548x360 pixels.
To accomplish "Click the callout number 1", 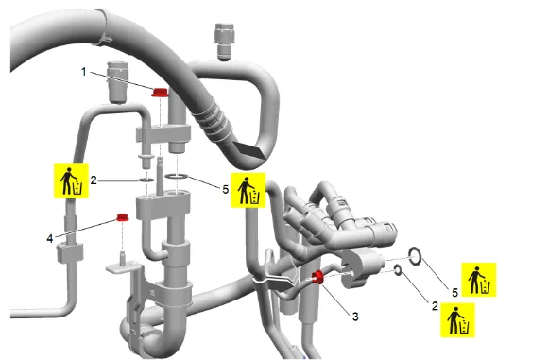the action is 83,72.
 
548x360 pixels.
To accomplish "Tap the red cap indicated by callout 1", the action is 160,93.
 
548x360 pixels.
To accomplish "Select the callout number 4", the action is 50,239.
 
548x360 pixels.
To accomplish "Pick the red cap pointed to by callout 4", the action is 122,217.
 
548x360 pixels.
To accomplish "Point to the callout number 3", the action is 355,317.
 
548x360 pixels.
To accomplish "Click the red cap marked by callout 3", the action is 318,277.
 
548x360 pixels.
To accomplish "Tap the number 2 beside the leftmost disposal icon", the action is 94,180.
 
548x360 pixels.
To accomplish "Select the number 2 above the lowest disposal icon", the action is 435,306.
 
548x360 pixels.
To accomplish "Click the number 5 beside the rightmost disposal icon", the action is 454,292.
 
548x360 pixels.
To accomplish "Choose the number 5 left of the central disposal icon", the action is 226,189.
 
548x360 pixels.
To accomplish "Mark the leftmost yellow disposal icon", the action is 71,180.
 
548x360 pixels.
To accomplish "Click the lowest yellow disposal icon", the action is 457,320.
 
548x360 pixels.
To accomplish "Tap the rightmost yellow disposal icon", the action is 479,280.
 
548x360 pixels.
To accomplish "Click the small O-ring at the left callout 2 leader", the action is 146,180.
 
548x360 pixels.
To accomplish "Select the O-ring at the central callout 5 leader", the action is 177,177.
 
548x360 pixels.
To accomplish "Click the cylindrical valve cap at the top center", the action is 224,42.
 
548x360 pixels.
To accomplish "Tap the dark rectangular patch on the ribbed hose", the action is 250,149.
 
